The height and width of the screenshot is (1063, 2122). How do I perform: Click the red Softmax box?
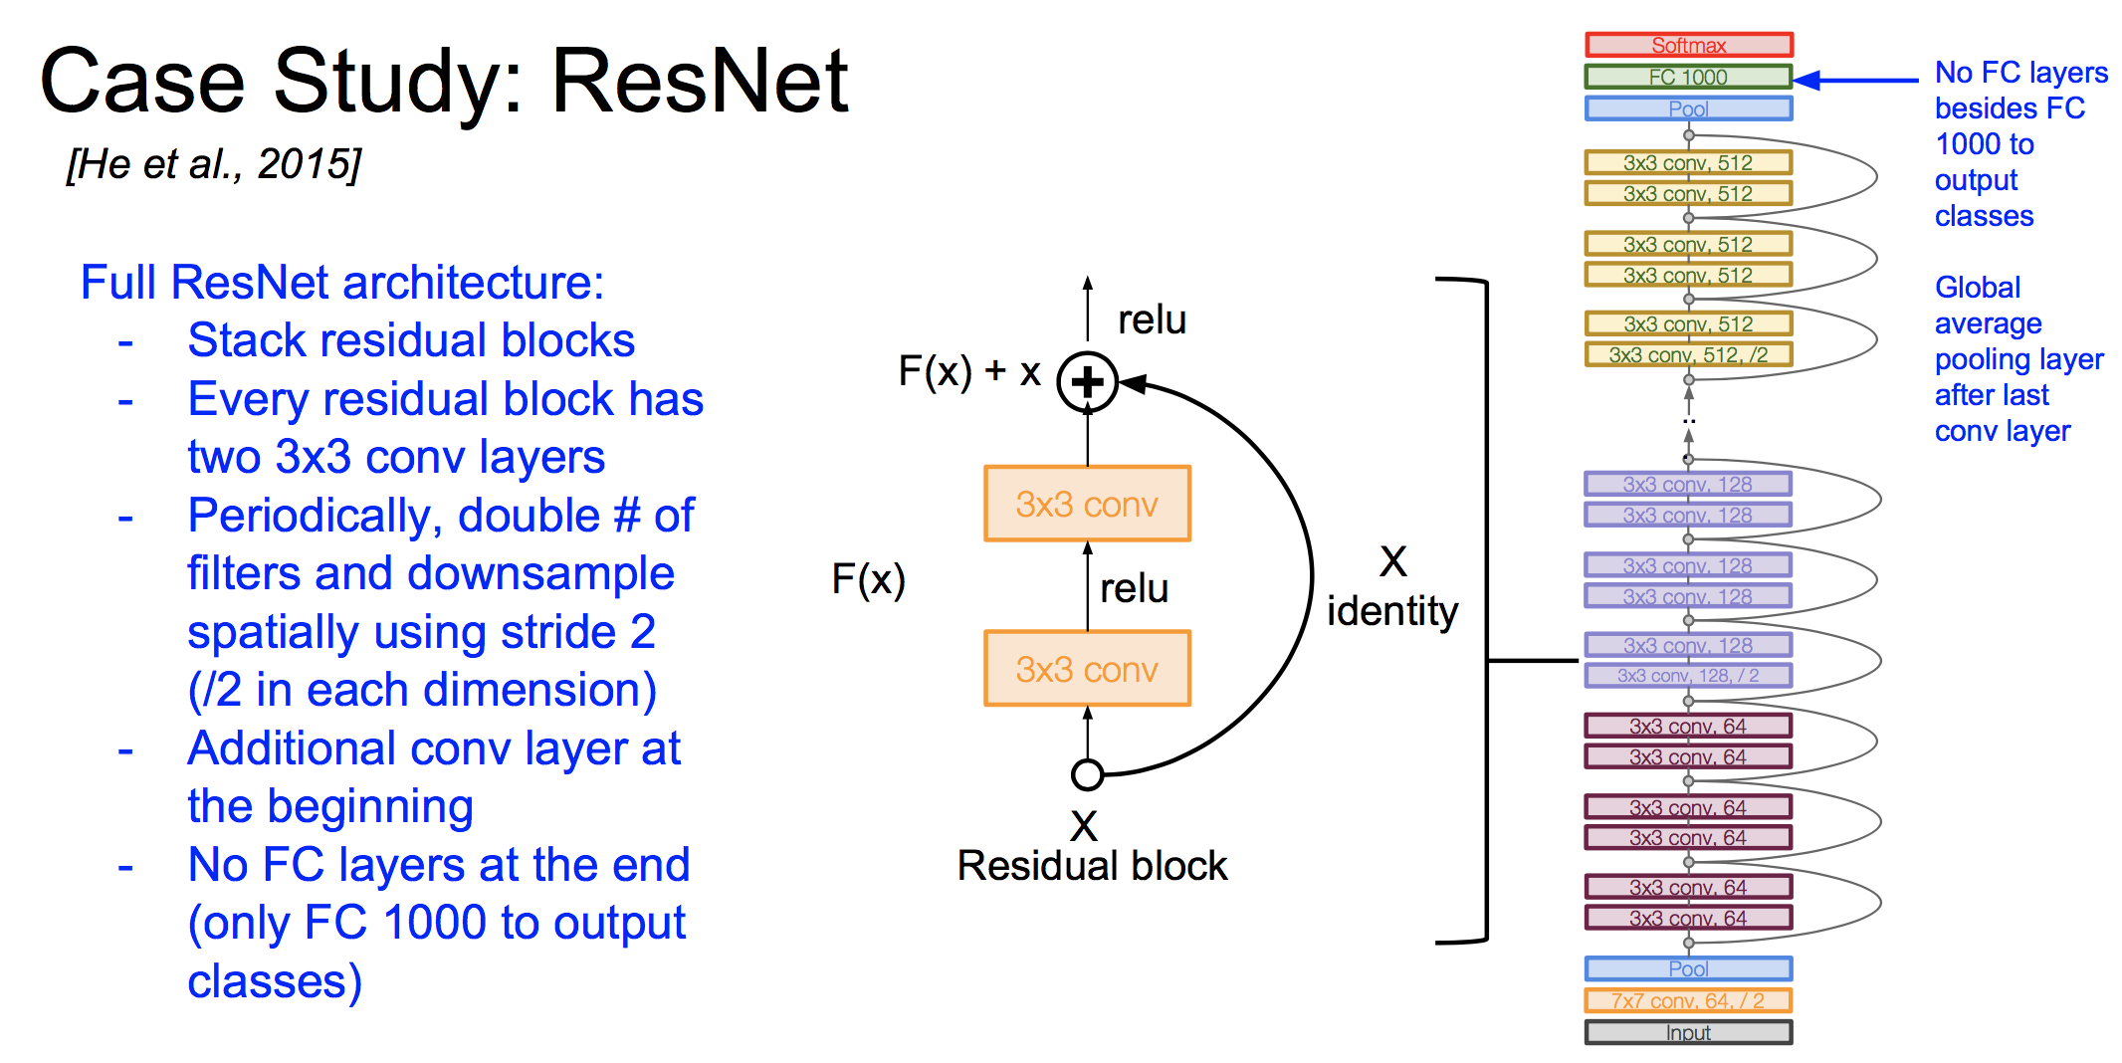click(x=1688, y=45)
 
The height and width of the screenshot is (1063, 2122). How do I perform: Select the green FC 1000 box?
click(x=1688, y=77)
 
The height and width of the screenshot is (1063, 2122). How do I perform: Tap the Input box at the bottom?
click(x=1688, y=1032)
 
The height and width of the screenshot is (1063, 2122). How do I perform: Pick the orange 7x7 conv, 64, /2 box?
click(x=1688, y=1000)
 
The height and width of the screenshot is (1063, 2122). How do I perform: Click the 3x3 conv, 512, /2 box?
click(x=1688, y=354)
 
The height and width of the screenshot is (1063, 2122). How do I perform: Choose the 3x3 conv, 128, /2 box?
click(x=1688, y=676)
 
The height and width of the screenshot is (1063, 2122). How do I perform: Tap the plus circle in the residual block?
click(x=1087, y=382)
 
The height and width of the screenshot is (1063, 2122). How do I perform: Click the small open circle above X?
click(x=1087, y=774)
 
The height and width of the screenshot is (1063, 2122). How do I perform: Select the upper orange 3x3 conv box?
click(x=1087, y=504)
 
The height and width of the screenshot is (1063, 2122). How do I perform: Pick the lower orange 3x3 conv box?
click(x=1087, y=669)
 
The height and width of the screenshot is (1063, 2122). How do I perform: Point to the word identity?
click(x=1391, y=610)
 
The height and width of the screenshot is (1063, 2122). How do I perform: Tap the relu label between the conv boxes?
click(x=1134, y=588)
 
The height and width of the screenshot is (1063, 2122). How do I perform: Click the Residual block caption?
click(x=1092, y=866)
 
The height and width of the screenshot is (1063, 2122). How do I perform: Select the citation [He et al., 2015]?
click(x=214, y=164)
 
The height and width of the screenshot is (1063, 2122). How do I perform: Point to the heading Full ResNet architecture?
click(x=342, y=283)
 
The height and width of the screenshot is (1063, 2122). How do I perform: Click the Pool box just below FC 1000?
click(x=1688, y=108)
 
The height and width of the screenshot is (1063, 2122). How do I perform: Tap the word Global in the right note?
click(x=1977, y=288)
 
